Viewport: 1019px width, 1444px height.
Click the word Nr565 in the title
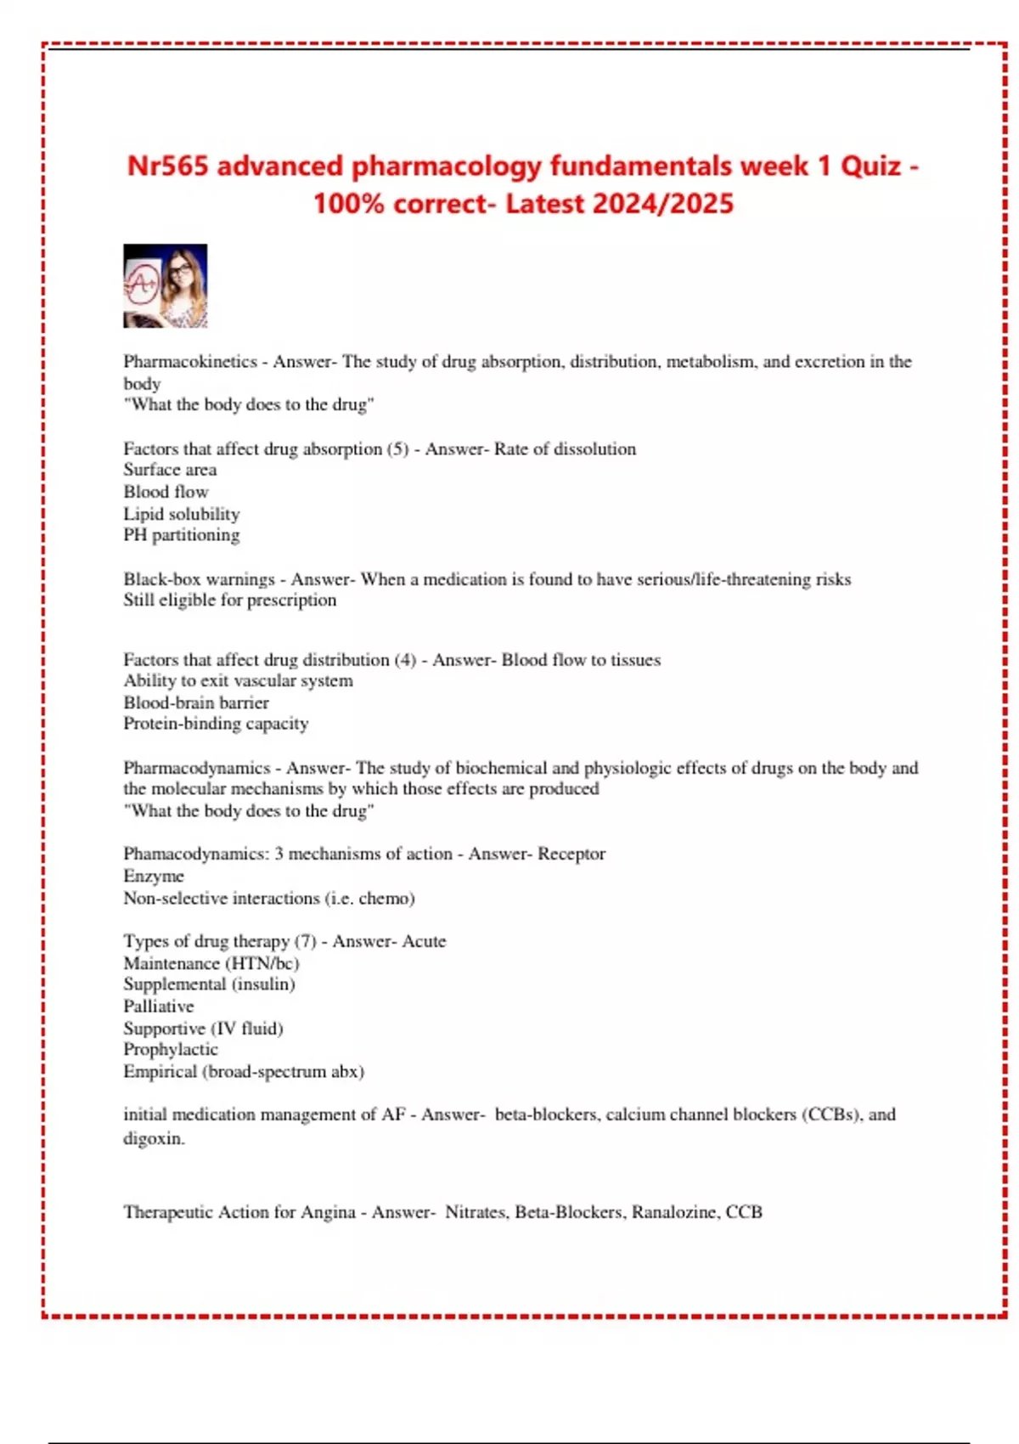coord(167,166)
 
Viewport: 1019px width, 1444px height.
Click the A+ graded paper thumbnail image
coord(165,286)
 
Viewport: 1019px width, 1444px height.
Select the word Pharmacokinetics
coord(189,362)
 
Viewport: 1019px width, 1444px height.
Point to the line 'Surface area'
coord(170,470)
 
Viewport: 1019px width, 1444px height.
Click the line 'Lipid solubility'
coord(182,514)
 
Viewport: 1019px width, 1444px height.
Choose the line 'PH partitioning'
coord(182,535)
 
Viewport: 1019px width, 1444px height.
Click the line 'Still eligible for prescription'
coord(229,601)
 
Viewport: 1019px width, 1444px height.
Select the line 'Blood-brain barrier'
coord(196,702)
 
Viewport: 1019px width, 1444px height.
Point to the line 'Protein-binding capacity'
coord(216,724)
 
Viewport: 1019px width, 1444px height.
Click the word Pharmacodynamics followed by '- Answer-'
coord(196,768)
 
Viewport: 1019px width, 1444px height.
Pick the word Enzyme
coord(154,876)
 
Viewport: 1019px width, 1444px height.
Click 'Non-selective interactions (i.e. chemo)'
coord(269,898)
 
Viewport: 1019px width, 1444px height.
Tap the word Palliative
coord(159,1007)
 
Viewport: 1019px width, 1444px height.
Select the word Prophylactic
coord(171,1050)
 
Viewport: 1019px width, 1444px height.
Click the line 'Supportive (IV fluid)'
coord(203,1029)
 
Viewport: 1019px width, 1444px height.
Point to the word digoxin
coord(153,1138)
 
